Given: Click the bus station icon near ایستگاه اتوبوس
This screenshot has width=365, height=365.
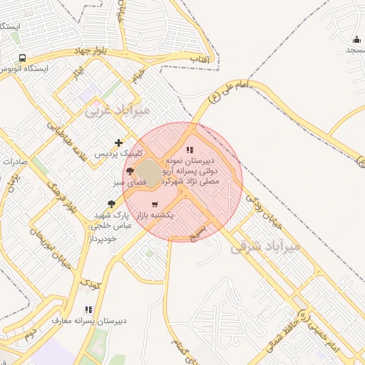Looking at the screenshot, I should point(22,58).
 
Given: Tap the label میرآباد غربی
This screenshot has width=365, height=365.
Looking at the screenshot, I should point(118,111).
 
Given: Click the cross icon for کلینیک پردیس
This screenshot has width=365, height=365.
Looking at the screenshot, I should point(118,143).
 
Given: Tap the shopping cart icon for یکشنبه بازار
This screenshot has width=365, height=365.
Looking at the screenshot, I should point(155,204).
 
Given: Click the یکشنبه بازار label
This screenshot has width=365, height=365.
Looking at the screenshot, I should point(168,214).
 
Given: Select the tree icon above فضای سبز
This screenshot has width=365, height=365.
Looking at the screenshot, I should point(129,172).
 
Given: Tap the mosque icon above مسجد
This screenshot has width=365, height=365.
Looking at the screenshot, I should point(356,39).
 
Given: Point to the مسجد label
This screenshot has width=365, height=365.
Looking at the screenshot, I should point(355,50).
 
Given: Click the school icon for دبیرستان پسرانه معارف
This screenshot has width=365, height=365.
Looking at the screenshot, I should point(88,309).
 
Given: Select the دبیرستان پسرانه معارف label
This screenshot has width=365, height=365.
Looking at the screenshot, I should point(89,320).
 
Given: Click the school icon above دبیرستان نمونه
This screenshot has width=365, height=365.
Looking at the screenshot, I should point(190,150).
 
